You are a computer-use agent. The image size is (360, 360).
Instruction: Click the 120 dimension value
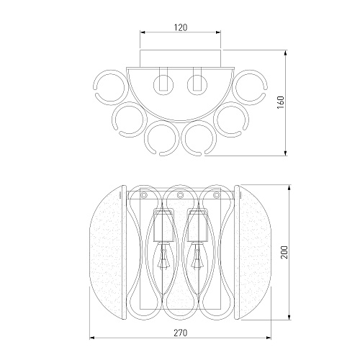(x=180, y=27)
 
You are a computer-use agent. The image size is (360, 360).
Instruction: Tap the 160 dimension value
(x=280, y=102)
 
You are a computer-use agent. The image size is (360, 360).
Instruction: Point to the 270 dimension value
(x=180, y=333)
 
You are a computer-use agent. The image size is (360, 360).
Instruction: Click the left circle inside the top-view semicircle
(x=163, y=85)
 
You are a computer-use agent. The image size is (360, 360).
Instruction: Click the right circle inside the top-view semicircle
(x=197, y=85)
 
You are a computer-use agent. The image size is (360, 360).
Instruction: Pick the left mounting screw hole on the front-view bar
(x=144, y=195)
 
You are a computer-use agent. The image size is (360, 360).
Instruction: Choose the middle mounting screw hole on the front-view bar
(x=180, y=195)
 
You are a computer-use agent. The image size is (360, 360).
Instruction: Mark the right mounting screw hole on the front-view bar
(x=217, y=195)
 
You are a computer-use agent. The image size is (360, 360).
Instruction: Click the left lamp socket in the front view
(x=163, y=225)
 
